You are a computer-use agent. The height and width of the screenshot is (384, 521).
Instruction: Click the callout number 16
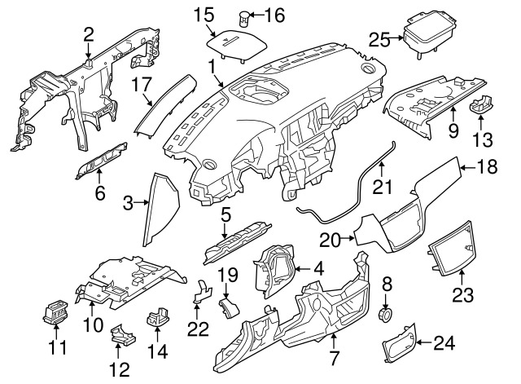point(274,15)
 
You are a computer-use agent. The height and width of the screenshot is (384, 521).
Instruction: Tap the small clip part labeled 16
point(244,18)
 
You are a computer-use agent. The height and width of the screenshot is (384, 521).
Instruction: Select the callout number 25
point(379,40)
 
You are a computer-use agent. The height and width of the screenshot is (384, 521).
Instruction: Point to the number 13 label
point(482,139)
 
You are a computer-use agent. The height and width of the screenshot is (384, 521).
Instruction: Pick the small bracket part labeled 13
point(480,104)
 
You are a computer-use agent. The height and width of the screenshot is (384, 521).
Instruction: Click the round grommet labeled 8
point(386,314)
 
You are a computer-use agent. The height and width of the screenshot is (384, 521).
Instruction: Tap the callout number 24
point(444,342)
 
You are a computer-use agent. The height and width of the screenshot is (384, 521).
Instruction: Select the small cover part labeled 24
point(399,342)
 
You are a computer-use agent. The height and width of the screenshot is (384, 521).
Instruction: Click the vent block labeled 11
point(55,312)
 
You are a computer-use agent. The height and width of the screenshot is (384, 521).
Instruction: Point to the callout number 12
point(120,369)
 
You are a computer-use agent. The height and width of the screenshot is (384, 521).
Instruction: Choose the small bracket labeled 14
point(157,316)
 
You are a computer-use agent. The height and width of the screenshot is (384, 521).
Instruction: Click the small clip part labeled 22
point(202,291)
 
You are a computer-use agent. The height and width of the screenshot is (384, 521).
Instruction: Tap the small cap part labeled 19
point(229,307)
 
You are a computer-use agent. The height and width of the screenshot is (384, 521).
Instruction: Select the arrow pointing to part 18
point(469,167)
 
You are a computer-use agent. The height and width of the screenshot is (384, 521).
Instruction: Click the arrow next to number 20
point(348,238)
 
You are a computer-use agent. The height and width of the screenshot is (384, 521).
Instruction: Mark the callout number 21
point(382,187)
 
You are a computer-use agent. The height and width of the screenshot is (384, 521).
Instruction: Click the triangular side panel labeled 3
point(162,210)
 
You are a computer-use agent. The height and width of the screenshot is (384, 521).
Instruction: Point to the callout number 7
point(334,357)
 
